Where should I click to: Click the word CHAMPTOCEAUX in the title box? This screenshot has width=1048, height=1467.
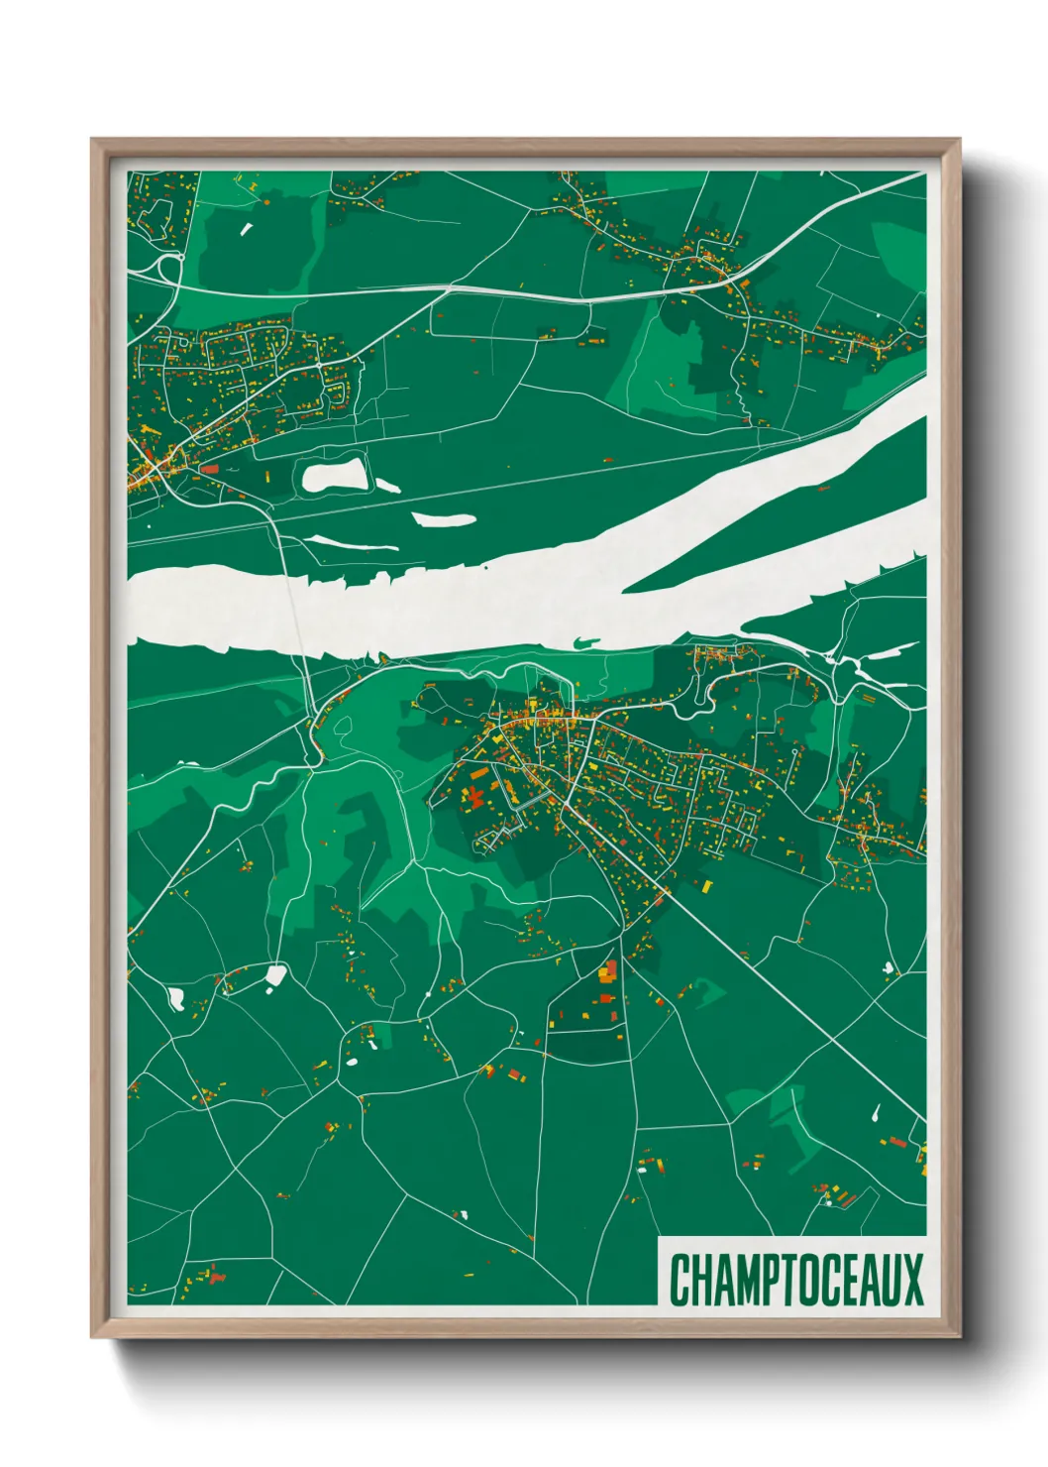(795, 1279)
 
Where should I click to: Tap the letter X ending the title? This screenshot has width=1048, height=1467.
(910, 1279)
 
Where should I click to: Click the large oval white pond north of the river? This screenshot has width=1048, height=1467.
(335, 477)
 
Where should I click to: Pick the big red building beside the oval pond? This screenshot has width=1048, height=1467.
(209, 469)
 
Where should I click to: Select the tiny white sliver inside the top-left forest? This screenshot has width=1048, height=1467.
(246, 230)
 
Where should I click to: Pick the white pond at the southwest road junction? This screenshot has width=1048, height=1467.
(274, 976)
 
